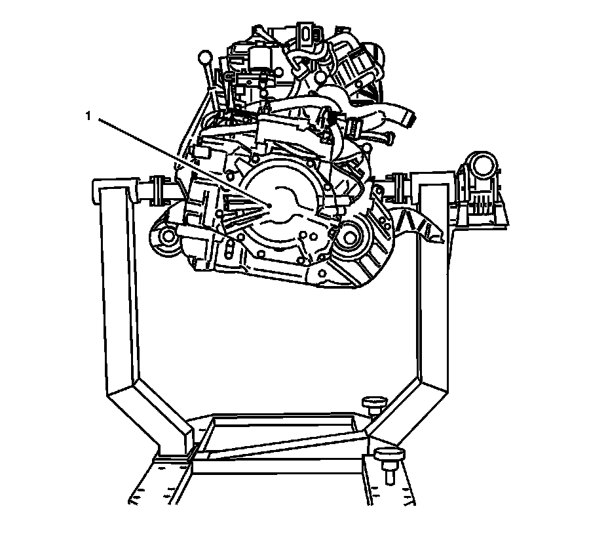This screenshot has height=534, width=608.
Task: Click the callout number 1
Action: tap(88, 115)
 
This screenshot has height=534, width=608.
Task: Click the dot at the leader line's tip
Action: tap(269, 205)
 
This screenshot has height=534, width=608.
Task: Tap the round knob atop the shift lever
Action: tap(205, 58)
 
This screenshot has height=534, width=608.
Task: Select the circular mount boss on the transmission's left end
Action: tap(168, 236)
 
